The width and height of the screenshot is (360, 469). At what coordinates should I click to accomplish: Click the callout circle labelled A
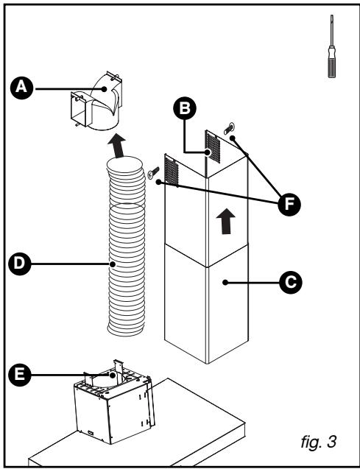21,88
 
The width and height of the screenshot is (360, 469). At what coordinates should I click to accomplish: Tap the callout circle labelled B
185,108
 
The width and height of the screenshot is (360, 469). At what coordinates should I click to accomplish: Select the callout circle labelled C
290,283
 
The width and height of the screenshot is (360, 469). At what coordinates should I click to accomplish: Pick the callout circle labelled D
20,264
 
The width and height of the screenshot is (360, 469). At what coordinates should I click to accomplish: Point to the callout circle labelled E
20,375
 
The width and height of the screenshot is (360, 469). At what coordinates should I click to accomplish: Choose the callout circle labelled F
289,205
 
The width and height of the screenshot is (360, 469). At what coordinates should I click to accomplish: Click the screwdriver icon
331,46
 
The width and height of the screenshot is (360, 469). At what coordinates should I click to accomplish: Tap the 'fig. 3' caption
319,442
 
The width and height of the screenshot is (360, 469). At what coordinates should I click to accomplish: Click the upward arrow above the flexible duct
117,146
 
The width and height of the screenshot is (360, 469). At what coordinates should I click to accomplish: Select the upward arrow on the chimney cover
226,221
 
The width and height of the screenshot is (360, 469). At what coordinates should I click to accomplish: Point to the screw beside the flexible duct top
153,172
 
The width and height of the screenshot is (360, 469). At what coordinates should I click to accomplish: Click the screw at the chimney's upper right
229,128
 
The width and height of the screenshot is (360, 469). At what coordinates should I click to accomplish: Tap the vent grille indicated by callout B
213,147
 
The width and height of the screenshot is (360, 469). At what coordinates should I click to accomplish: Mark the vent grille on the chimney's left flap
172,172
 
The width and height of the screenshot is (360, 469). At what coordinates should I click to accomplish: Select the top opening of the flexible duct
125,165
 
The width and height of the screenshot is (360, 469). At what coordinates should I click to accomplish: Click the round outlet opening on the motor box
107,381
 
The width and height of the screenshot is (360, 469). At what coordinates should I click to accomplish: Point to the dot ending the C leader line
225,283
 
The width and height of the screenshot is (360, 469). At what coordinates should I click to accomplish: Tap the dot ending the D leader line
113,264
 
